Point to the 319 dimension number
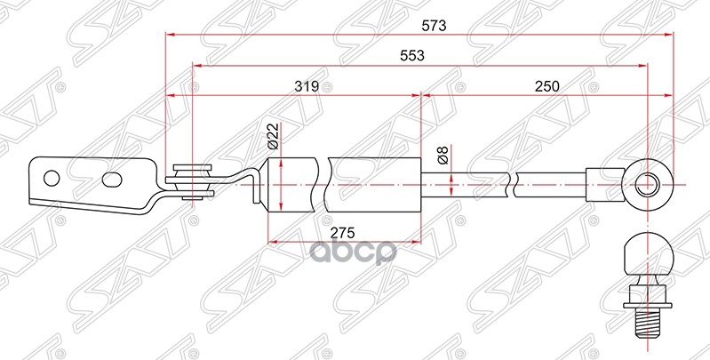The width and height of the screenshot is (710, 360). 307,86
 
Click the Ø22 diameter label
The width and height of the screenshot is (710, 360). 273,135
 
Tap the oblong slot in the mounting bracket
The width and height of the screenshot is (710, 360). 112,180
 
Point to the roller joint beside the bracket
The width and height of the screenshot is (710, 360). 191,181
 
